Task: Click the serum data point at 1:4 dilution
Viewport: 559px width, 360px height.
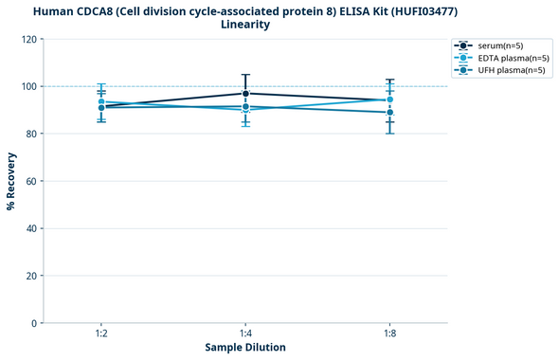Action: click(245, 93)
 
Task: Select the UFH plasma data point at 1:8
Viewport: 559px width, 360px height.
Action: click(390, 112)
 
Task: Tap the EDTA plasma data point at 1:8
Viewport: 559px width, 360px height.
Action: click(390, 99)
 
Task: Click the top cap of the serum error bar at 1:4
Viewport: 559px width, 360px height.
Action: click(245, 75)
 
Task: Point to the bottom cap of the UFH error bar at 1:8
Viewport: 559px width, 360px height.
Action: click(390, 134)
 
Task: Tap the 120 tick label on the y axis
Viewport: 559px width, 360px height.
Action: click(28, 39)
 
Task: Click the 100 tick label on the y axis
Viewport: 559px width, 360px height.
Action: click(28, 86)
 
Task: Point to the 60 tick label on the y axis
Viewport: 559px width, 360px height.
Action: click(31, 181)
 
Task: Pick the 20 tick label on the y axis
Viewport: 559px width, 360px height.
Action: click(31, 276)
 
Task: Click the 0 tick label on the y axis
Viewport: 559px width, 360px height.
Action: click(34, 323)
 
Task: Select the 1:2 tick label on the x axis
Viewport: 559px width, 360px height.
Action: click(100, 334)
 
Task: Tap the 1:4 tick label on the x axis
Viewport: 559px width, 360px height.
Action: click(245, 334)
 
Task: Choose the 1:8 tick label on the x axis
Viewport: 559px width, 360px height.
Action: click(390, 334)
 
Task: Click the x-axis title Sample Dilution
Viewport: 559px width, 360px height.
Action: click(245, 348)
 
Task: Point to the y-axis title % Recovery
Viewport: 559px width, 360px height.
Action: click(11, 180)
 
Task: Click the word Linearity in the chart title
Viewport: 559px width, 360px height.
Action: click(245, 25)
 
